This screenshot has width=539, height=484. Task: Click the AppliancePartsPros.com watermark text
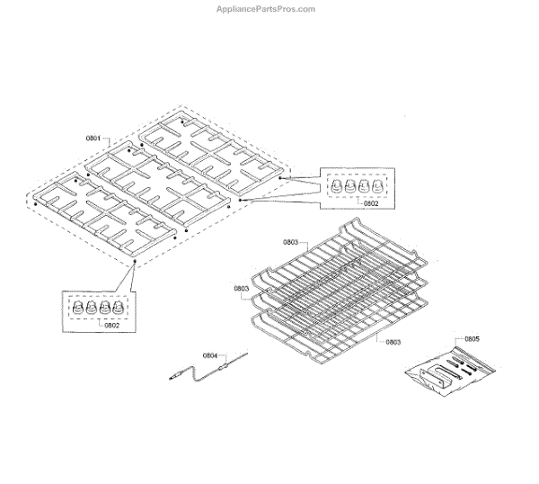coord(265,9)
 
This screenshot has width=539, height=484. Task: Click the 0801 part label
coord(93,139)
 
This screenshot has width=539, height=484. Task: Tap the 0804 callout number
coord(210,355)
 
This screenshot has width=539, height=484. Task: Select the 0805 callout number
coord(472,339)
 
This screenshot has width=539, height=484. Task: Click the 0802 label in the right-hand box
coord(371,203)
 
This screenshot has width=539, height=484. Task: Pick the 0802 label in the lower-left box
coord(112,326)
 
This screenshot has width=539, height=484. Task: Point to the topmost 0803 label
coord(290,242)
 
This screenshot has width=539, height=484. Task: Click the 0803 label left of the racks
coord(242,289)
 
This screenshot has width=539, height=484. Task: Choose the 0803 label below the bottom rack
coord(393,342)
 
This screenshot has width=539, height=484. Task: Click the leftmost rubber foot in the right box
coord(337,186)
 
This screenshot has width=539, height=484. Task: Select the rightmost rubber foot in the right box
coord(377,186)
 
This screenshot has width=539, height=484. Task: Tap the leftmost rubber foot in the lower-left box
coord(77,307)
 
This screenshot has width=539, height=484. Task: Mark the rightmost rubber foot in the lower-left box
coord(118,307)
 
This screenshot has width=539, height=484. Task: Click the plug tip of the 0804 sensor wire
coord(172,379)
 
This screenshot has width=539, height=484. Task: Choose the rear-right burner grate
coord(211,153)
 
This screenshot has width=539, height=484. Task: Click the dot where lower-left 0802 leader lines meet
coord(135,262)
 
